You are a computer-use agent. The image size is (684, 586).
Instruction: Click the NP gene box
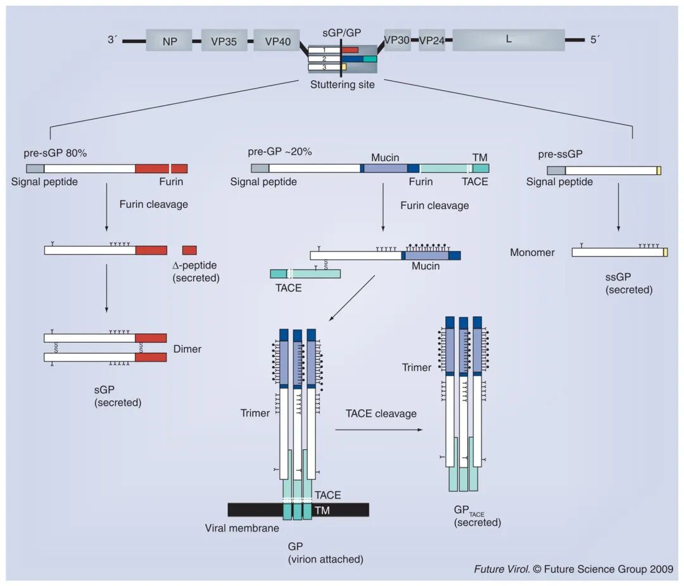(x=169, y=41)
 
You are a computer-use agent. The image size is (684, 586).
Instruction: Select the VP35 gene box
(x=224, y=41)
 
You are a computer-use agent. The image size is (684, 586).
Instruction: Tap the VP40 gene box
(x=277, y=41)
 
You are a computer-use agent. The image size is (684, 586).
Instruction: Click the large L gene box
(x=509, y=40)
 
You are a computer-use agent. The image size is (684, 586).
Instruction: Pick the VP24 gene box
(x=432, y=40)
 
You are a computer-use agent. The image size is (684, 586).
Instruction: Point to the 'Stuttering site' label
(x=343, y=85)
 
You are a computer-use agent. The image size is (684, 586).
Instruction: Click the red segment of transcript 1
(x=350, y=50)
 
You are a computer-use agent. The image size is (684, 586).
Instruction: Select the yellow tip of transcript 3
(x=344, y=67)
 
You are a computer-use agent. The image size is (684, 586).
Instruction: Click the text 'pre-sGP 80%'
(x=55, y=153)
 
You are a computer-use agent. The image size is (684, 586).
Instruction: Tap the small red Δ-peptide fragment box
(x=189, y=250)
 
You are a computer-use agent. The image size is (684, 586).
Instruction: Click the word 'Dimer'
(x=187, y=349)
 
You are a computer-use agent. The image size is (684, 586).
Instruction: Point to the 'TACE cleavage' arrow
(x=379, y=430)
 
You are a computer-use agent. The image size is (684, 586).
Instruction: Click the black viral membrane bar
(x=298, y=509)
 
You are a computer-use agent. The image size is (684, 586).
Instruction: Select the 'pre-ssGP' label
(x=560, y=155)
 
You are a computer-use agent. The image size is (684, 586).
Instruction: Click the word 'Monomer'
(x=532, y=252)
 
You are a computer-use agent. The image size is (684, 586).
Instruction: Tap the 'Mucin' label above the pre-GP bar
(x=385, y=158)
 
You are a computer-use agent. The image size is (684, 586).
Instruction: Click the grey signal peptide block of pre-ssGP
(x=556, y=170)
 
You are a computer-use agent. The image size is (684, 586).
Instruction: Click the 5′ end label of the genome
(x=595, y=40)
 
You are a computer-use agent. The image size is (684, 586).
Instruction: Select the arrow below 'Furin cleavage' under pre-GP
(x=383, y=207)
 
